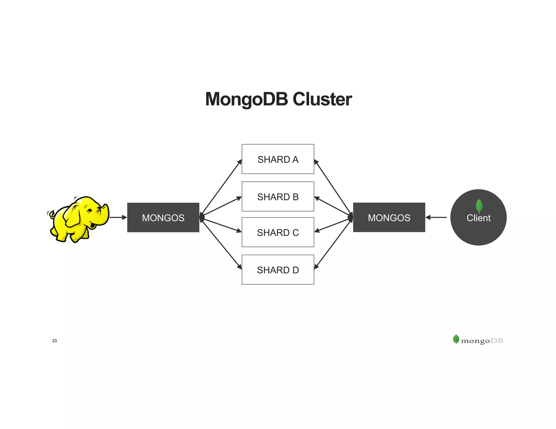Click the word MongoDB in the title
pyautogui.click(x=246, y=99)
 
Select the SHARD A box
pyautogui.click(x=278, y=159)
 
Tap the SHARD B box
pyautogui.click(x=278, y=197)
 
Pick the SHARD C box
pyautogui.click(x=278, y=232)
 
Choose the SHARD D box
pyautogui.click(x=278, y=270)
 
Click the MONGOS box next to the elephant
pyautogui.click(x=163, y=217)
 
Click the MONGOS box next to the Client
pyautogui.click(x=389, y=217)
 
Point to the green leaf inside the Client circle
pyautogui.click(x=479, y=205)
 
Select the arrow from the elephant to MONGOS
pyautogui.click(x=118, y=217)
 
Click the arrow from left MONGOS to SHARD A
pyautogui.click(x=221, y=187)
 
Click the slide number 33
pyautogui.click(x=54, y=341)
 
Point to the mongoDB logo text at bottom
pyautogui.click(x=482, y=341)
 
